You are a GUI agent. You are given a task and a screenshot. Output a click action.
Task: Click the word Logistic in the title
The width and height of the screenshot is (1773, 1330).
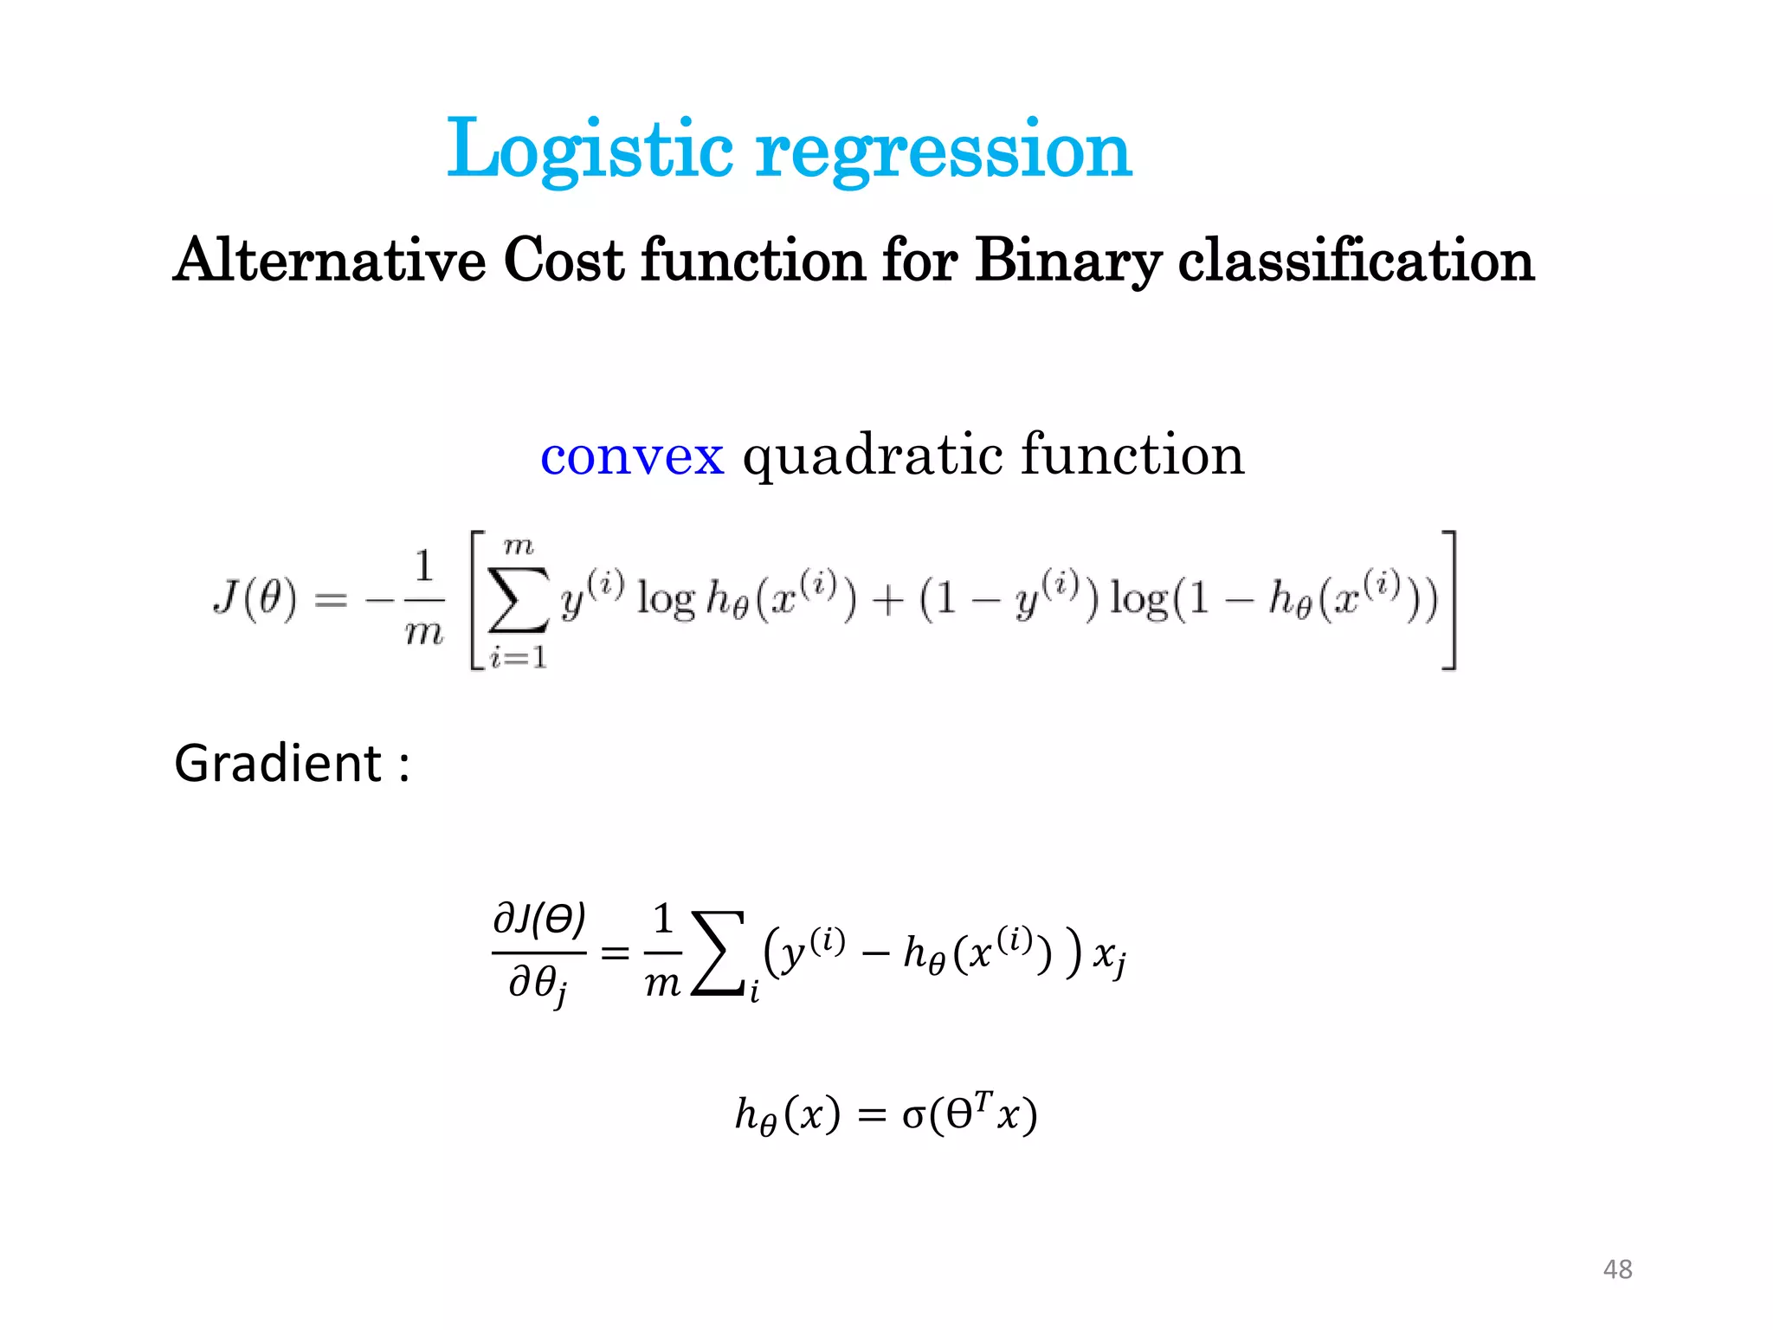pos(589,149)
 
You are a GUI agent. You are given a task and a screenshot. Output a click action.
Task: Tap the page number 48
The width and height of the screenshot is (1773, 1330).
pos(1617,1269)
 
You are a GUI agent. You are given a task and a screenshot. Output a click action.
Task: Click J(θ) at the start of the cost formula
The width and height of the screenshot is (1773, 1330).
pos(255,597)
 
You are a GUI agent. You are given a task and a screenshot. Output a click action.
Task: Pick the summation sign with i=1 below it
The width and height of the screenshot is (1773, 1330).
pos(518,599)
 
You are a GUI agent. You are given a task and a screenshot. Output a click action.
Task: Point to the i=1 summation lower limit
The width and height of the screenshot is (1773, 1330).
pos(518,658)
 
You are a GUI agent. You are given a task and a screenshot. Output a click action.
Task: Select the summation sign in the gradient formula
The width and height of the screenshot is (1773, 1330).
pos(719,952)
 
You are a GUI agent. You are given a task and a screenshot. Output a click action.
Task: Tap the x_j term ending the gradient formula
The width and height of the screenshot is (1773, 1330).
pos(1109,956)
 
